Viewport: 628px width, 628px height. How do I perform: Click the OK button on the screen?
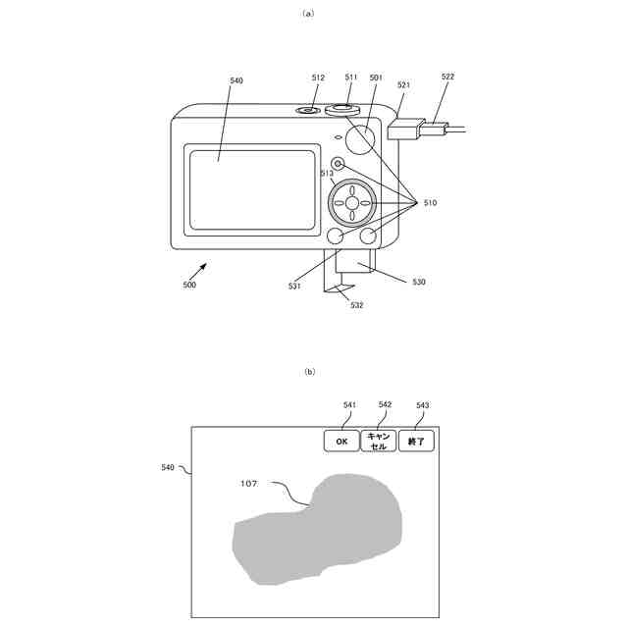point(341,442)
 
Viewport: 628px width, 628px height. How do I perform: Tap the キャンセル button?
point(379,442)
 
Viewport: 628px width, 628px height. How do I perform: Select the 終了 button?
point(416,442)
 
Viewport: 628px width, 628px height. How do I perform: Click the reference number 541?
point(349,404)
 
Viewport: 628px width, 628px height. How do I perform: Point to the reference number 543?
point(422,404)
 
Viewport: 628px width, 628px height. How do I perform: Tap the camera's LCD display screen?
point(252,189)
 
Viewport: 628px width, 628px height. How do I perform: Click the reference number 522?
point(447,76)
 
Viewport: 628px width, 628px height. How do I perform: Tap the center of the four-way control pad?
point(352,202)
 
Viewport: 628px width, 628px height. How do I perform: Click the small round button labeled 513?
point(339,163)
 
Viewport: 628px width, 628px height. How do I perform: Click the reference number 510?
point(429,203)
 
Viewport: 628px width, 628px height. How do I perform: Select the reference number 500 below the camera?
point(189,285)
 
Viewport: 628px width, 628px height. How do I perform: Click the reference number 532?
point(357,305)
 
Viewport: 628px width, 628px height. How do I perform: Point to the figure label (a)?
point(309,13)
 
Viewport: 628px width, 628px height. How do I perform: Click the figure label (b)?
point(309,371)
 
